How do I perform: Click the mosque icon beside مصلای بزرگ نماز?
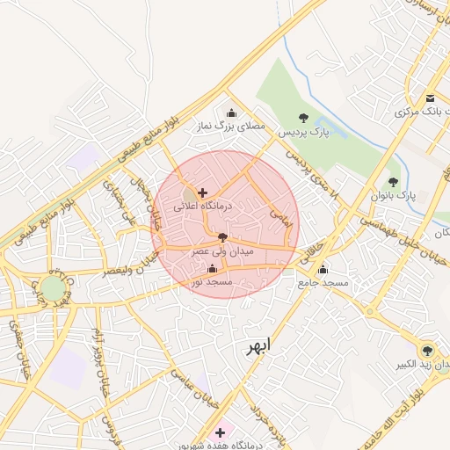[x=231, y=112]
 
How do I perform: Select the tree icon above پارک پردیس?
[x=303, y=118]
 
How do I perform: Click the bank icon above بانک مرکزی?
[x=430, y=98]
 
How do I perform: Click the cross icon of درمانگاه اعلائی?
[x=203, y=192]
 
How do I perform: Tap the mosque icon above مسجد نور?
[x=212, y=269]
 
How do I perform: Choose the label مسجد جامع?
[x=323, y=283]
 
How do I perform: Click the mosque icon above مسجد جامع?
[x=323, y=269]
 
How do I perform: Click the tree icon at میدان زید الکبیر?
[x=427, y=350]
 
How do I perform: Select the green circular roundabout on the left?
[x=53, y=288]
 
